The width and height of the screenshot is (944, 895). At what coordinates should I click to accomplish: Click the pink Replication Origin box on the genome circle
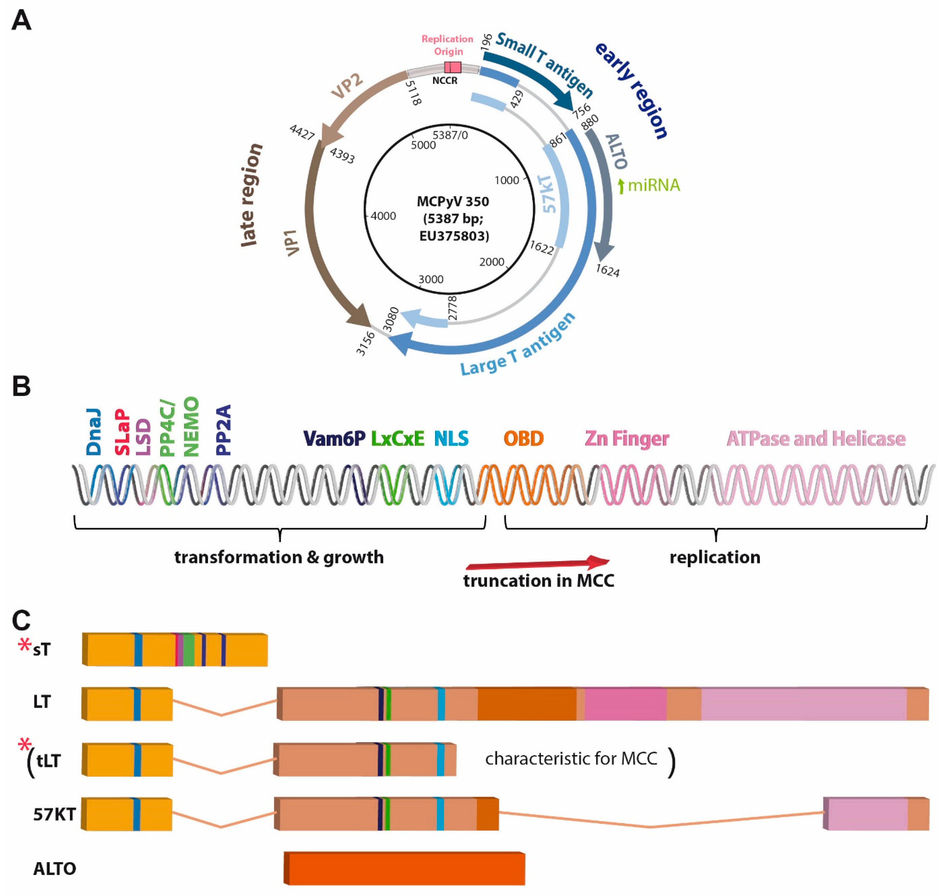(x=452, y=67)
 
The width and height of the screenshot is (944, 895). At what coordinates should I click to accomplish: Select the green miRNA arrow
(x=621, y=186)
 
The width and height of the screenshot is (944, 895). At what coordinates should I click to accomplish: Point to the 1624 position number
(x=607, y=271)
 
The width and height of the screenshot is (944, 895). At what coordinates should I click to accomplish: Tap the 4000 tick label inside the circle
(x=383, y=216)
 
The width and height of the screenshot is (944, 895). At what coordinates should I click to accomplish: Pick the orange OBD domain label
(x=523, y=438)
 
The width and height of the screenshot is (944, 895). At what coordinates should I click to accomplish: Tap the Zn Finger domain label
(x=627, y=438)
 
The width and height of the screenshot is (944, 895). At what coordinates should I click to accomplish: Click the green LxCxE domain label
(x=398, y=438)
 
